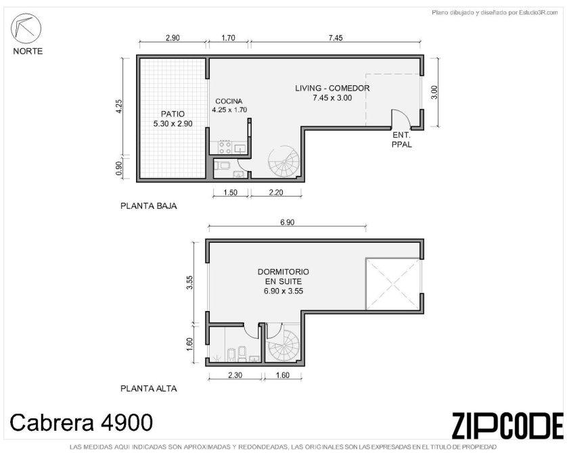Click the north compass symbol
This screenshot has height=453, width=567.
pyautogui.click(x=26, y=28)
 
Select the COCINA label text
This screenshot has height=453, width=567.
pyautogui.click(x=229, y=101)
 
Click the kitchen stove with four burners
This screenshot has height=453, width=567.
pyautogui.click(x=225, y=147)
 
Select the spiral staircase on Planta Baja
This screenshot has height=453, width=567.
pyautogui.click(x=284, y=162)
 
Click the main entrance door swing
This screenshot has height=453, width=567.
pyautogui.click(x=401, y=118)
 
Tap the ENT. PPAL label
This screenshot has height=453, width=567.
pyautogui.click(x=401, y=140)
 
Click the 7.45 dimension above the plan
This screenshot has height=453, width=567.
pyautogui.click(x=336, y=38)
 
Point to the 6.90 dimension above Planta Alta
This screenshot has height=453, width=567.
pyautogui.click(x=287, y=222)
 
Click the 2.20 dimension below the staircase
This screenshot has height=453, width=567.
pyautogui.click(x=276, y=192)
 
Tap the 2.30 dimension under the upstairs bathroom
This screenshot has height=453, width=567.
pyautogui.click(x=235, y=375)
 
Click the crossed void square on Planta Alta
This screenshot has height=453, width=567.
pyautogui.click(x=393, y=284)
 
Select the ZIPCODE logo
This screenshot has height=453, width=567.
pyautogui.click(x=507, y=425)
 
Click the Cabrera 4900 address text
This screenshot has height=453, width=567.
pyautogui.click(x=81, y=423)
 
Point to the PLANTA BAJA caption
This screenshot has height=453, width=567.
pyautogui.click(x=149, y=206)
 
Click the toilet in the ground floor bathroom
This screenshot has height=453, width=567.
pyautogui.click(x=221, y=166)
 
